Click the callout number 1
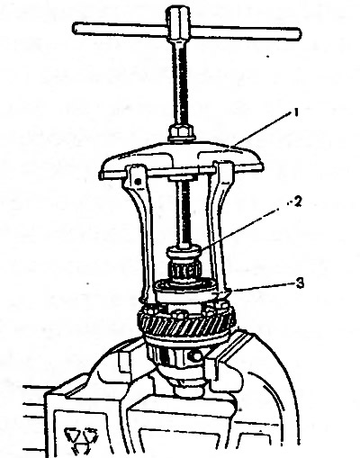point(296,113)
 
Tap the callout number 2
point(297,202)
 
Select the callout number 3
point(300,283)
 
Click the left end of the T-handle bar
point(75,27)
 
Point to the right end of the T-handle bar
point(298,33)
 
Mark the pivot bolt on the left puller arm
point(138,182)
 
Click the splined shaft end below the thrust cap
point(184,269)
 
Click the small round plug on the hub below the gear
point(196,356)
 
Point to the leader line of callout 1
point(263,130)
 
